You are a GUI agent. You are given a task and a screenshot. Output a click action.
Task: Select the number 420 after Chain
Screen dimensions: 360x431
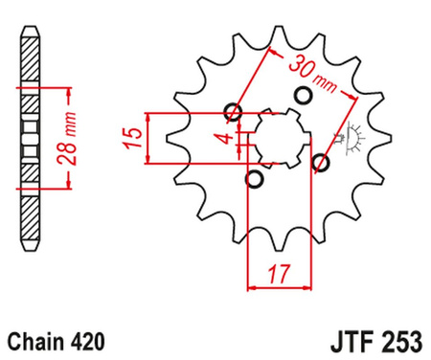click(x=86, y=340)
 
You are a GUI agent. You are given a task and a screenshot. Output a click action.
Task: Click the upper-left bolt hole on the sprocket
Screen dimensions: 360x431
click(x=231, y=113)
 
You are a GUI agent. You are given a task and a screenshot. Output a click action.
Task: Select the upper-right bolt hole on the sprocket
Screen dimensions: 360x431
click(x=305, y=96)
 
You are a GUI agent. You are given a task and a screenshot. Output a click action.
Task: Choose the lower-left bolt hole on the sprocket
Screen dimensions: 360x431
click(x=254, y=178)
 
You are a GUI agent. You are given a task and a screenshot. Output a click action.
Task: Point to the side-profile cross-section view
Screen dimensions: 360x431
click(x=31, y=140)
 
